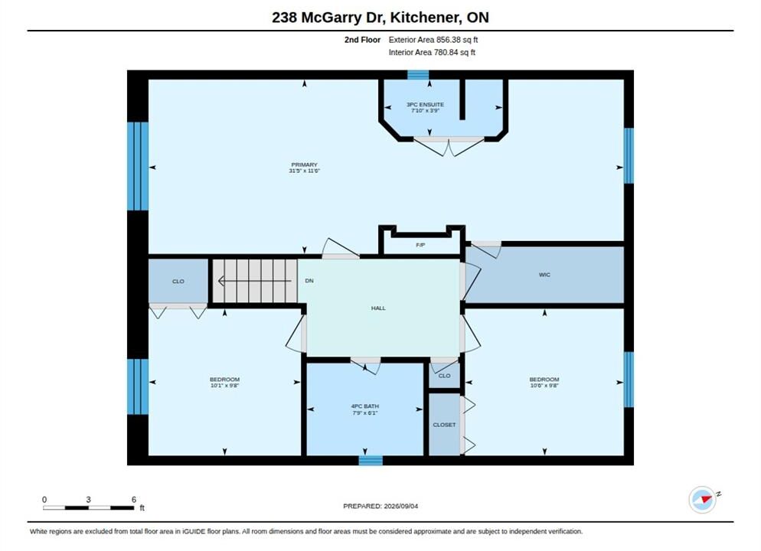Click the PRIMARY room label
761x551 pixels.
point(304,165)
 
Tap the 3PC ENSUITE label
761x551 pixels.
point(425,104)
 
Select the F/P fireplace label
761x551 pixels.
point(421,246)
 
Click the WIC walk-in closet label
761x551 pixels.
point(544,275)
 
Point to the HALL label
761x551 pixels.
point(378,308)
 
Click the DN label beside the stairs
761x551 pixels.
point(309,281)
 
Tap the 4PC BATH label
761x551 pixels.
point(365,406)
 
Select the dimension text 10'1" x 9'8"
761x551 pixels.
point(225,386)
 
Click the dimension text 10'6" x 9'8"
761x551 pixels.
point(544,386)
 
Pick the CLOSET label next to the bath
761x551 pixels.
point(445,425)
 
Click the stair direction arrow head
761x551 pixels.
point(220,281)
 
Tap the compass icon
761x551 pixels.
point(702,499)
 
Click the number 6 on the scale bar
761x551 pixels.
point(134,500)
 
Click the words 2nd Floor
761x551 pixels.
point(363,40)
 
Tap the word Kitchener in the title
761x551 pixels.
point(426,18)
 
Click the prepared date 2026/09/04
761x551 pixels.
point(401,506)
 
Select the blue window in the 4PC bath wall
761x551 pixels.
point(371,460)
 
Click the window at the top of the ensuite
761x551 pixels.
point(418,75)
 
